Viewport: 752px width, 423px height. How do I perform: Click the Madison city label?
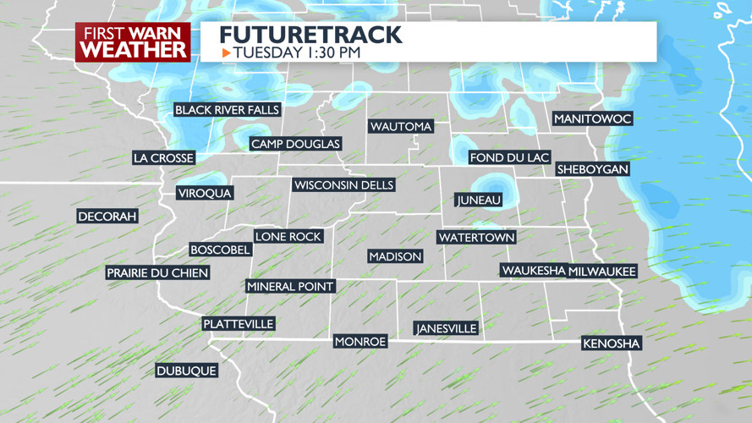tap(395, 256)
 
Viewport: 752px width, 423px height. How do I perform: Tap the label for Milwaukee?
tap(602, 272)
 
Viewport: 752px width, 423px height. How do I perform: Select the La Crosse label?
tap(164, 158)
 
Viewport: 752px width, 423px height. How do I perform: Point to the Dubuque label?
tap(186, 371)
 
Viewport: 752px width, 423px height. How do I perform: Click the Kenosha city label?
tap(612, 343)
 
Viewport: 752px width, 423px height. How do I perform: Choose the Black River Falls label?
tap(227, 110)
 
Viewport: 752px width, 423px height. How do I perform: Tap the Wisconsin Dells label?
tap(343, 185)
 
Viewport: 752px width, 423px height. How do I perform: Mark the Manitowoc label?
tap(592, 119)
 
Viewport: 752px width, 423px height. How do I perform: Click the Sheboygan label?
tap(593, 169)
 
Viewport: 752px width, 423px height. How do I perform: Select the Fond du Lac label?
tap(509, 157)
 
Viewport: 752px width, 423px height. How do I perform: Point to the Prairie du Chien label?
tap(157, 273)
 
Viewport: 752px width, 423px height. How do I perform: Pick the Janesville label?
tap(446, 328)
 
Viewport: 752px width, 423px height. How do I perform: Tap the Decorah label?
tap(107, 217)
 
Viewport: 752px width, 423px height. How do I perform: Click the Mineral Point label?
tap(290, 287)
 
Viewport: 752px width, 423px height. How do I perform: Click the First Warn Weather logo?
tap(134, 42)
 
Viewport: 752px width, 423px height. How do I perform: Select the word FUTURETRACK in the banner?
tap(310, 35)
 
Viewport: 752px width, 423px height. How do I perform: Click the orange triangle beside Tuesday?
tap(226, 53)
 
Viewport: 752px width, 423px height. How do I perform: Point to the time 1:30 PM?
tap(333, 53)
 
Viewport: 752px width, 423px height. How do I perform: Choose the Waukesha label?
tap(533, 271)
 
